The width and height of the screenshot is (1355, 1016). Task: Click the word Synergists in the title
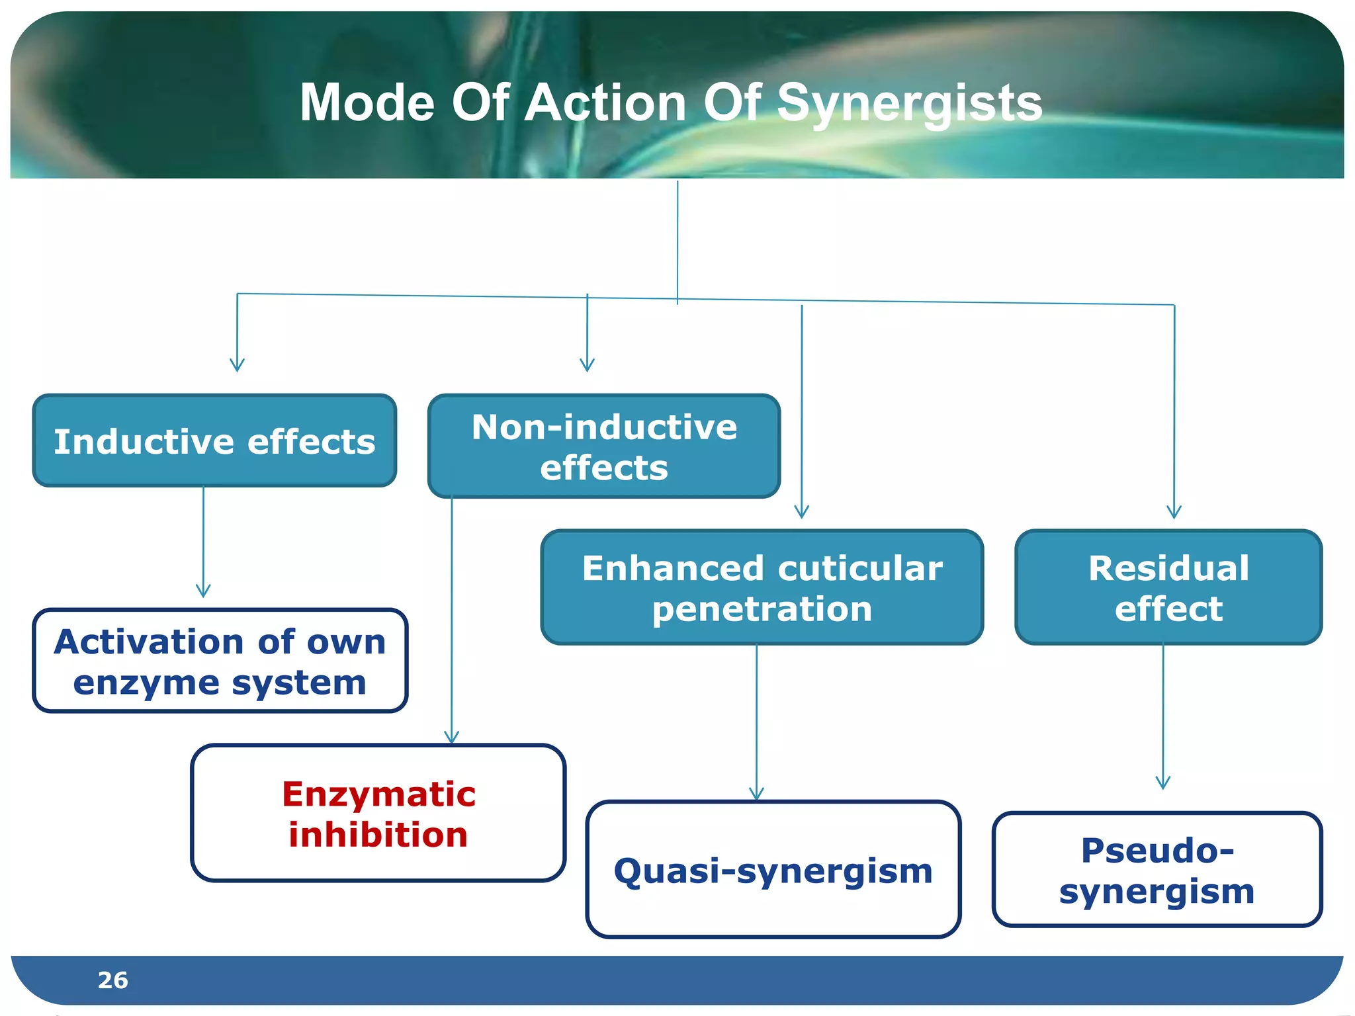909,105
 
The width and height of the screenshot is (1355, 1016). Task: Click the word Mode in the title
367,103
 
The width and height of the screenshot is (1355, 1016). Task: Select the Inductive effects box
214,441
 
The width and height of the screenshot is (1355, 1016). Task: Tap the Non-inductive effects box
603,446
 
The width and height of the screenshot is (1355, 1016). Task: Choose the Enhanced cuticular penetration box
762,587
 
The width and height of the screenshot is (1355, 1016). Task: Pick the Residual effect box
1168,587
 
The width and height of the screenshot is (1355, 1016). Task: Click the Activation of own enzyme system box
220,661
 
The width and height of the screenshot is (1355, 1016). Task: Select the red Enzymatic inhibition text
378,814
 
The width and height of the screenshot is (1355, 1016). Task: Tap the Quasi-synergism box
773,870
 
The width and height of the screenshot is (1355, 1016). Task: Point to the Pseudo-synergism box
1157,870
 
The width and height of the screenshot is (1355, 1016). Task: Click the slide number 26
112,980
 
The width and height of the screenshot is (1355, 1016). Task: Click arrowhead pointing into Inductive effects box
237,366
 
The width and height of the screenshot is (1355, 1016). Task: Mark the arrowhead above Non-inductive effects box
587,365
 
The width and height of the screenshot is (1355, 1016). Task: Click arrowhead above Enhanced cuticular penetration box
801,512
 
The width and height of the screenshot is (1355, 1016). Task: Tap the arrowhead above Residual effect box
1174,512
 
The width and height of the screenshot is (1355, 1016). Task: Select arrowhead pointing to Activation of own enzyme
203,591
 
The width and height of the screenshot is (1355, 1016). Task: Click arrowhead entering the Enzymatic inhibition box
451,738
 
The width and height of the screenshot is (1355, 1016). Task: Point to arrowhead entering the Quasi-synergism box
756,794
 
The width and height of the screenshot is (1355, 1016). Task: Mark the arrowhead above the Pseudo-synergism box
1162,783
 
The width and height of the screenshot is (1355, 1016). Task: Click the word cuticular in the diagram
860,569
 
